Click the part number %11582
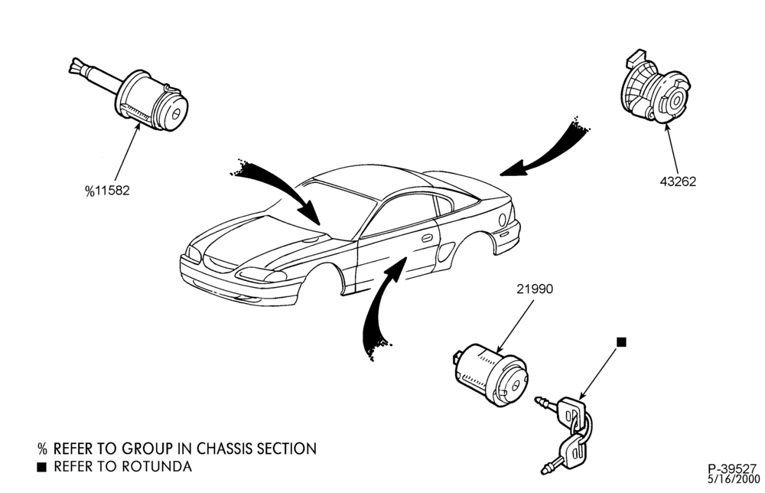point(107,191)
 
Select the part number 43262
point(678,181)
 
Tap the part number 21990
point(535,289)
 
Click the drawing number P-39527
point(732,469)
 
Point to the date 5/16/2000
point(734,479)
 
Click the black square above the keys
point(621,341)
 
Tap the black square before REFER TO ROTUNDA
point(42,467)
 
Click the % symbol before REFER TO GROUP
point(42,449)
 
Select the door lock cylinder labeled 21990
point(491,374)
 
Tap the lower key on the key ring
point(568,451)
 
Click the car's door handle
point(427,238)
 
